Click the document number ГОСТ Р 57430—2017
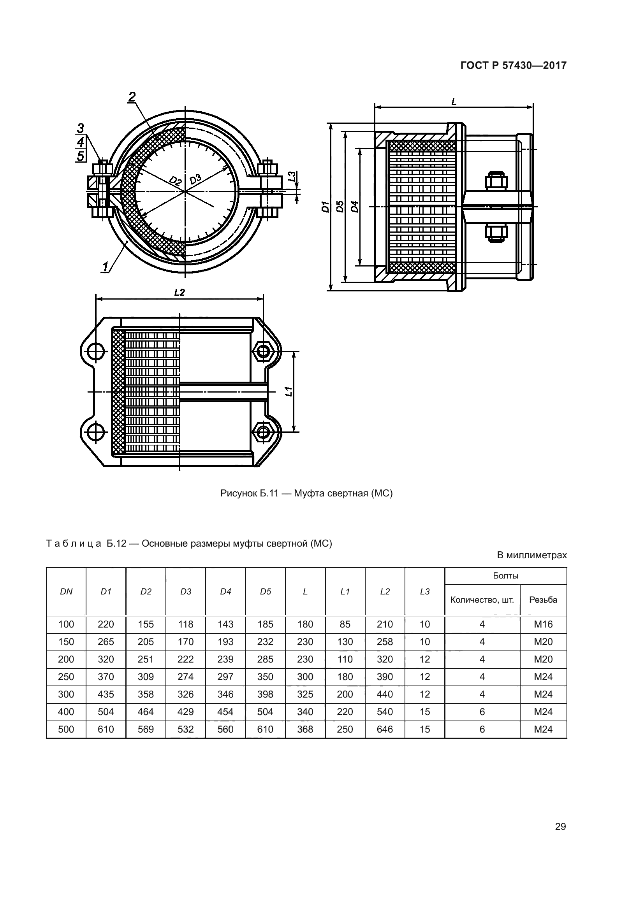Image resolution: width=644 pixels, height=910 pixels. click(x=513, y=65)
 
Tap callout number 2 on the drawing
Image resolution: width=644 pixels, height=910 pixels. click(x=132, y=97)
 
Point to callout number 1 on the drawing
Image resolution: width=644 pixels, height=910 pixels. click(x=105, y=267)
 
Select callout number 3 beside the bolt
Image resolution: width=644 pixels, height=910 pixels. click(x=81, y=128)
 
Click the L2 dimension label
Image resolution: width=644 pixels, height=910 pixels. click(x=179, y=292)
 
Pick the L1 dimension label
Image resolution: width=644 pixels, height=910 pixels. click(x=289, y=391)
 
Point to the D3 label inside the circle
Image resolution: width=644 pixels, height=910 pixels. click(x=195, y=179)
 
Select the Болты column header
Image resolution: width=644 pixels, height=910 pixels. click(x=506, y=576)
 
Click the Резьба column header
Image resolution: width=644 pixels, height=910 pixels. click(x=543, y=600)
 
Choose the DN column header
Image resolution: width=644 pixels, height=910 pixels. click(x=66, y=592)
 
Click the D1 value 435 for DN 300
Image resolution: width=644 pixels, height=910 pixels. click(x=106, y=694)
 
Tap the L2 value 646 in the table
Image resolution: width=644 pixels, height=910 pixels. click(x=385, y=729)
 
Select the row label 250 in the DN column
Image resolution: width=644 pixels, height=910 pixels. click(x=66, y=677)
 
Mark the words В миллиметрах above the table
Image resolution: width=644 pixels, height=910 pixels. click(x=532, y=555)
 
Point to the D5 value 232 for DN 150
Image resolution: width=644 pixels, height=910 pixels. click(x=265, y=642)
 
